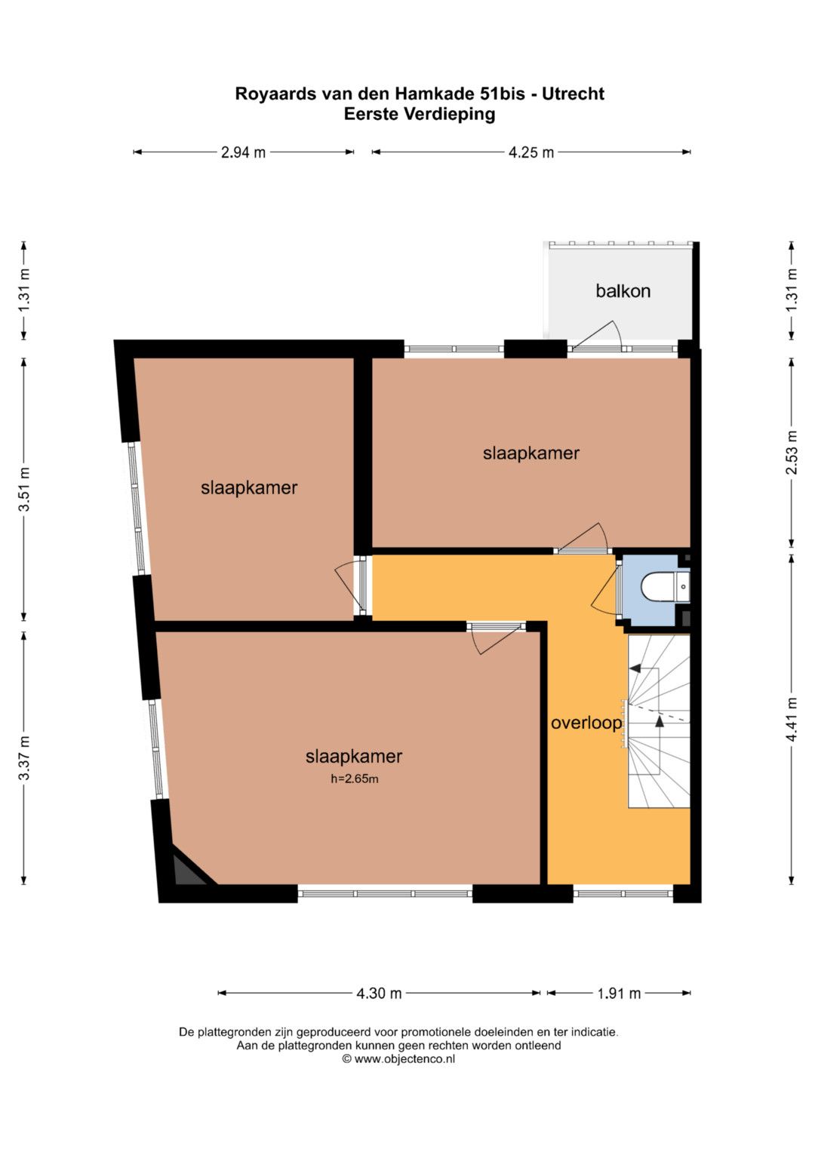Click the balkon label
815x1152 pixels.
coord(623,291)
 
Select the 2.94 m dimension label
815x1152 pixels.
coord(243,152)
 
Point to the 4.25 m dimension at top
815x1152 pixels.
coord(531,152)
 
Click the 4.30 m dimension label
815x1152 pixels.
coord(379,993)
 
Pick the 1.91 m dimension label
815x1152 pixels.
coord(619,993)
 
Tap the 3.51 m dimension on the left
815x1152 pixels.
coord(24,489)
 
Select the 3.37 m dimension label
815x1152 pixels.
coord(24,757)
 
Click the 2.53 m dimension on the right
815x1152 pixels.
coord(792,453)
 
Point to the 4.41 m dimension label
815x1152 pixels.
coord(792,720)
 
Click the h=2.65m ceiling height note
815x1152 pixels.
coord(355,779)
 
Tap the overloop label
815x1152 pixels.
coord(586,723)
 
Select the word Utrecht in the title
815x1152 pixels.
coord(573,94)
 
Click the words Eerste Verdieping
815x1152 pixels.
coord(420,114)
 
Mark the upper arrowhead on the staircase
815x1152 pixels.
coord(635,668)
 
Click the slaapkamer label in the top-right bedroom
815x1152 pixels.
coord(531,453)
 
